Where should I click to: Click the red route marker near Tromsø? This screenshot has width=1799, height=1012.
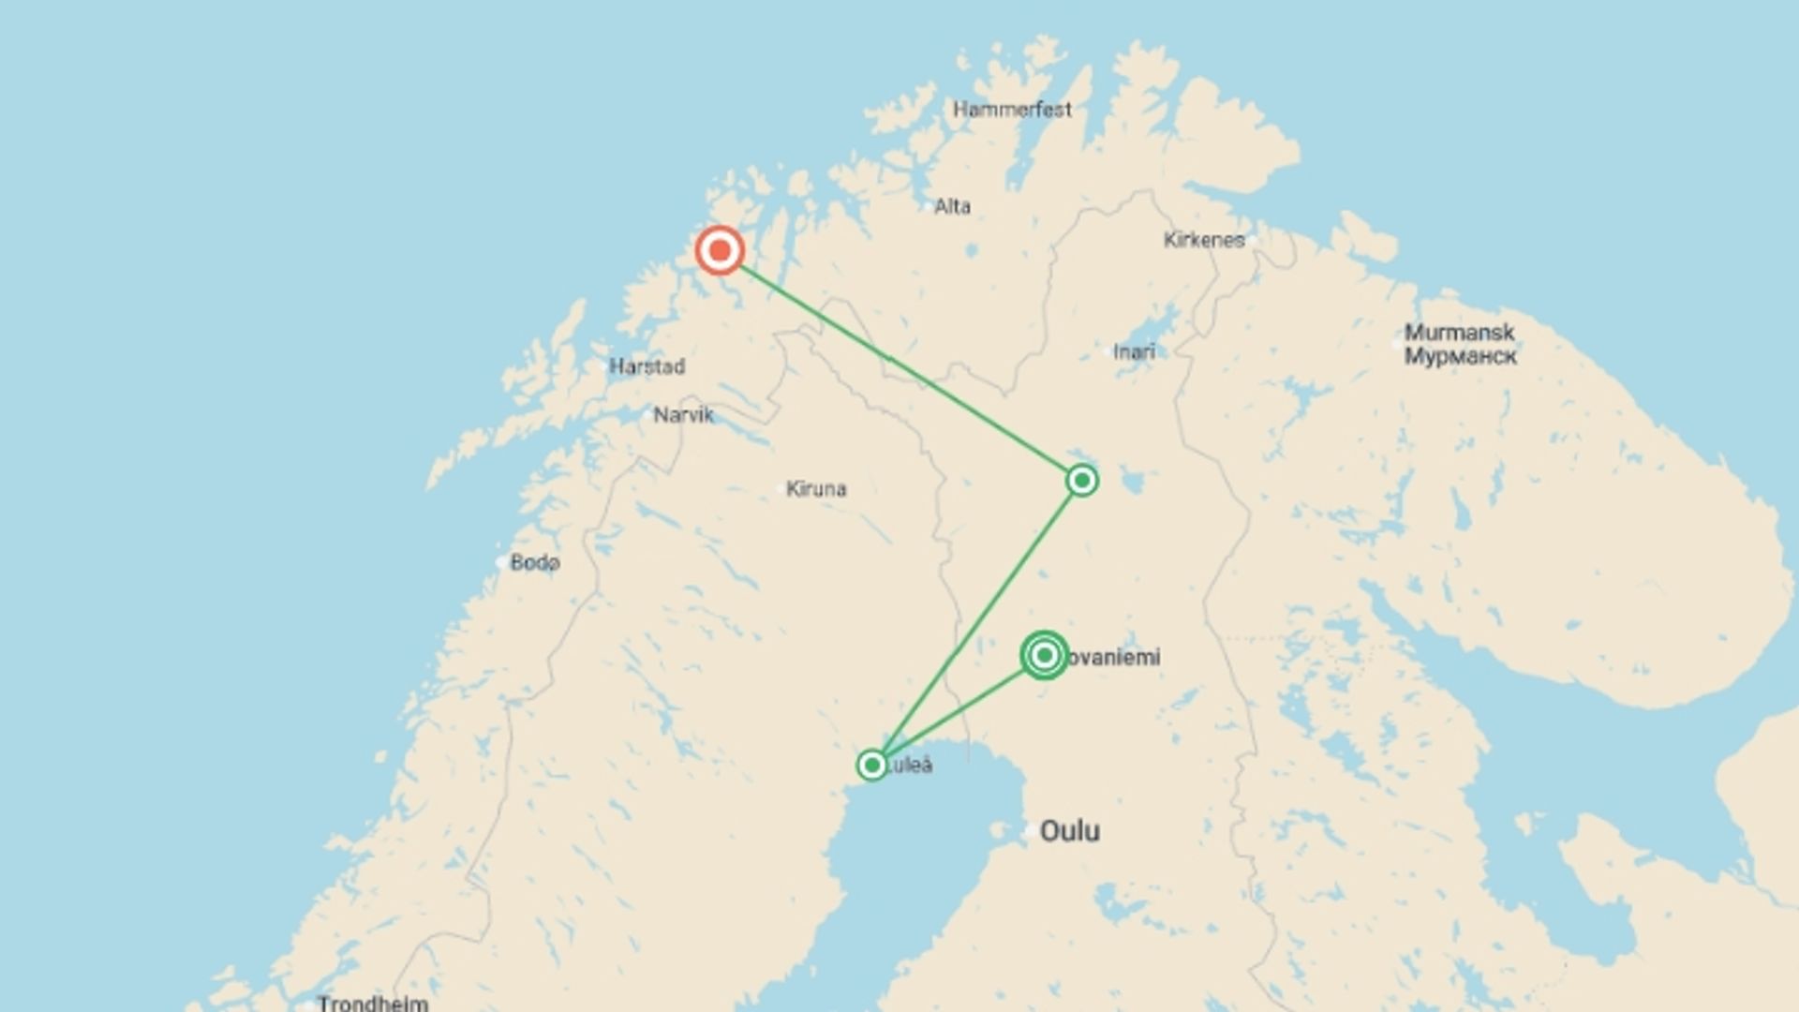720,251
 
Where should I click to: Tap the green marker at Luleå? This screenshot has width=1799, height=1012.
872,765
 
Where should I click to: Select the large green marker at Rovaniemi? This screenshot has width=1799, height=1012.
1044,655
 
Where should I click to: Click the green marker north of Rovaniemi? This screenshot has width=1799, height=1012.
1082,481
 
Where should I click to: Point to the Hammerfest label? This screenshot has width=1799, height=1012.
1012,110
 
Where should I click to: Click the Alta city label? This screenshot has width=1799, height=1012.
952,206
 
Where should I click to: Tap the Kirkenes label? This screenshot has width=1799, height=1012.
1204,240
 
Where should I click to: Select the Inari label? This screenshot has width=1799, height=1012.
1134,352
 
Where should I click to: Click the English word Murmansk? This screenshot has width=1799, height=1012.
1459,333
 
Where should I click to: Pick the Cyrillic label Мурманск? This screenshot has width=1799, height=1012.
1460,356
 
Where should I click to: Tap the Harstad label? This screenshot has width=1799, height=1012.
647,366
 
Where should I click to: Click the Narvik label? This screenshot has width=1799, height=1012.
683,414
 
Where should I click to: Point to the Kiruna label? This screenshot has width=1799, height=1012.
816,488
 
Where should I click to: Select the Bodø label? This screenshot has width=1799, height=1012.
535,562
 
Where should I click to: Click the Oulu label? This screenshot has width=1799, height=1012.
1070,831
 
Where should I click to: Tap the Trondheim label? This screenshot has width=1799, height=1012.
373,1003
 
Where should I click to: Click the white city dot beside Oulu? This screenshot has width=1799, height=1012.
1031,830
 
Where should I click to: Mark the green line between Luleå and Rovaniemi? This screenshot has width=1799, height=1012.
956,712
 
